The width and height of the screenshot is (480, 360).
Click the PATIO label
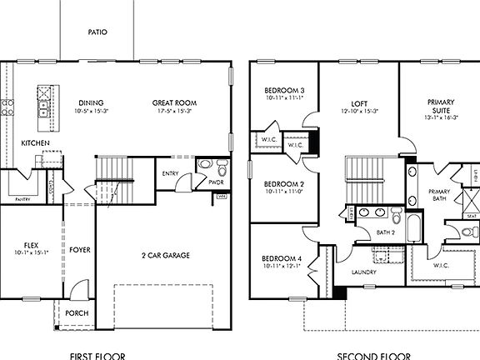pos(97,32)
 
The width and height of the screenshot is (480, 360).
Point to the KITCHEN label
pos(35,143)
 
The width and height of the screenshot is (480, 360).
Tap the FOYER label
pos(80,249)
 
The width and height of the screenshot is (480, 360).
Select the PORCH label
pos(77,313)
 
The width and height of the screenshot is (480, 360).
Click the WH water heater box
pos(222,197)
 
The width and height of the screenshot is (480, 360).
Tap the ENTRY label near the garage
pos(171,173)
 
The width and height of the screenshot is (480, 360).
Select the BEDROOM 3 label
pos(283,90)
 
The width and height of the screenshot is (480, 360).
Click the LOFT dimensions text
pos(359,111)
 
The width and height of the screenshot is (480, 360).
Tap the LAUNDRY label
pos(364,272)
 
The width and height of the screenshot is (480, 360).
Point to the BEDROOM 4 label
pos(283,258)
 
